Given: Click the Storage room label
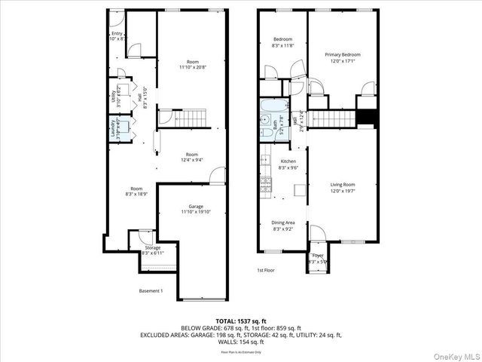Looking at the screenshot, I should [153, 250].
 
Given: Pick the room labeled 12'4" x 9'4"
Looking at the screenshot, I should [192, 157].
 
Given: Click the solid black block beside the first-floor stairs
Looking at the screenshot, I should [365, 118].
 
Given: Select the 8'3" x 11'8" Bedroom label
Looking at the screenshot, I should [282, 41].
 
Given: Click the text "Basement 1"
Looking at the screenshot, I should [151, 291].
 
